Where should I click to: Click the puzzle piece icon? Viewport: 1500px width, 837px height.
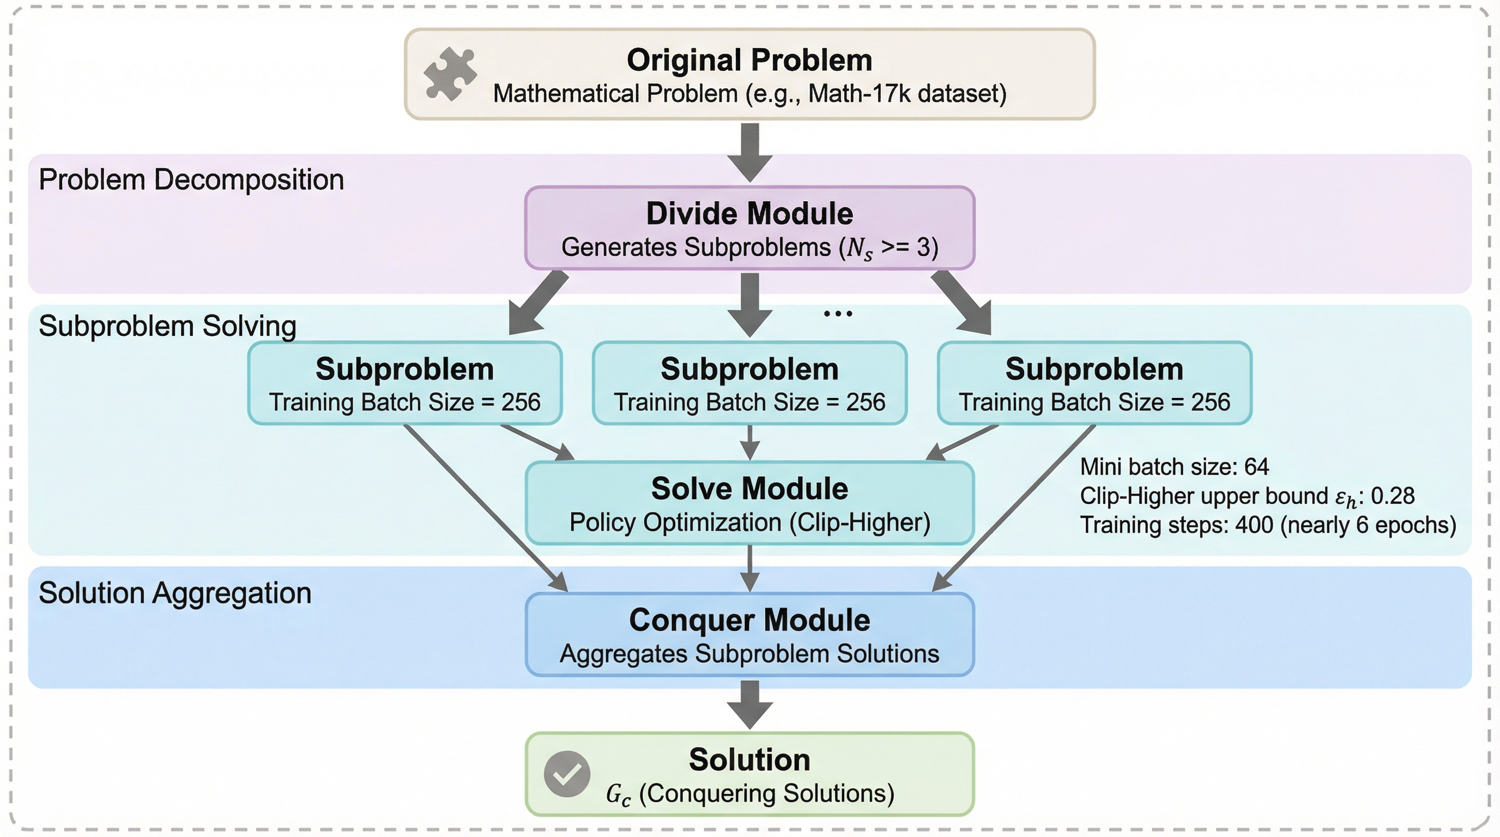coord(450,75)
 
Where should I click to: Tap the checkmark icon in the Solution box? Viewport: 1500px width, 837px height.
coord(566,774)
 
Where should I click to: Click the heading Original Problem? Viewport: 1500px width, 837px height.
coord(749,60)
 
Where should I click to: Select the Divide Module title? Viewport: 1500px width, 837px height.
coord(749,214)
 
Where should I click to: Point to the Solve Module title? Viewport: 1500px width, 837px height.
coord(749,488)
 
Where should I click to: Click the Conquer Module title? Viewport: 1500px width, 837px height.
coord(749,620)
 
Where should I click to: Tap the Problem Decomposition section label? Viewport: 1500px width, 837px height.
coord(191,179)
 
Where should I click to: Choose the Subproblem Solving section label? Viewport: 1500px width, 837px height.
coord(167,326)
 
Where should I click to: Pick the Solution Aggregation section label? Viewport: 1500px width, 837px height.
coord(174,593)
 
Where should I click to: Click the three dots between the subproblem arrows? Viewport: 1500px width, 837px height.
coord(838,314)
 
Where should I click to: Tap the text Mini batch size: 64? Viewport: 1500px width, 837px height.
coord(1174,467)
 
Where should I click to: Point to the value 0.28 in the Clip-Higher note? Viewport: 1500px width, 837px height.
coord(1392,496)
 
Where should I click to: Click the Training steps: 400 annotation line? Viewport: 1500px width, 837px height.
coord(1268,525)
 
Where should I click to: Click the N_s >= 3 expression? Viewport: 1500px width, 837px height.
coord(888,248)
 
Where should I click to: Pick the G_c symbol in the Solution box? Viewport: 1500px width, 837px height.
coord(618,794)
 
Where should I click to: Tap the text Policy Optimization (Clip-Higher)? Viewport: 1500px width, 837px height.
coord(749,522)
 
